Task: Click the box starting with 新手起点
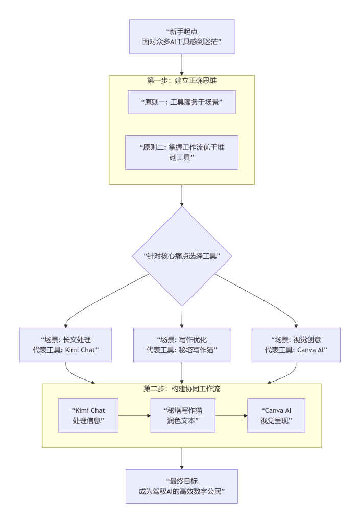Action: click(181, 37)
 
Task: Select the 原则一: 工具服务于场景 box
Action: click(181, 102)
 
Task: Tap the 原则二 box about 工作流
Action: click(181, 152)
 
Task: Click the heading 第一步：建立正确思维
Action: click(181, 80)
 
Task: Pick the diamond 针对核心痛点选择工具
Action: click(181, 256)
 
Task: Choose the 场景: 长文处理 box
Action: click(65, 345)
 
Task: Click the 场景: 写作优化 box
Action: click(181, 345)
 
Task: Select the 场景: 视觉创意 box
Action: click(296, 345)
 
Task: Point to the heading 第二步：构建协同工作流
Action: click(181, 389)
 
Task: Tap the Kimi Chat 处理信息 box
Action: click(88, 415)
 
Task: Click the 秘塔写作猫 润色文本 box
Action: click(182, 415)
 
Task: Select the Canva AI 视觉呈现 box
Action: click(276, 415)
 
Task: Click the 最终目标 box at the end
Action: click(181, 486)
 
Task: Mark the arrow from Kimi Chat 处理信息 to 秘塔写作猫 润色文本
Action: click(134, 415)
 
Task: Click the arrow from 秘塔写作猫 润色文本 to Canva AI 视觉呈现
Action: click(231, 415)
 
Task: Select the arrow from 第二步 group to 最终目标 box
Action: click(181, 458)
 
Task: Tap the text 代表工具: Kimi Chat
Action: click(65, 350)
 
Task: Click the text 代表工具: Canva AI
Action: click(296, 350)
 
